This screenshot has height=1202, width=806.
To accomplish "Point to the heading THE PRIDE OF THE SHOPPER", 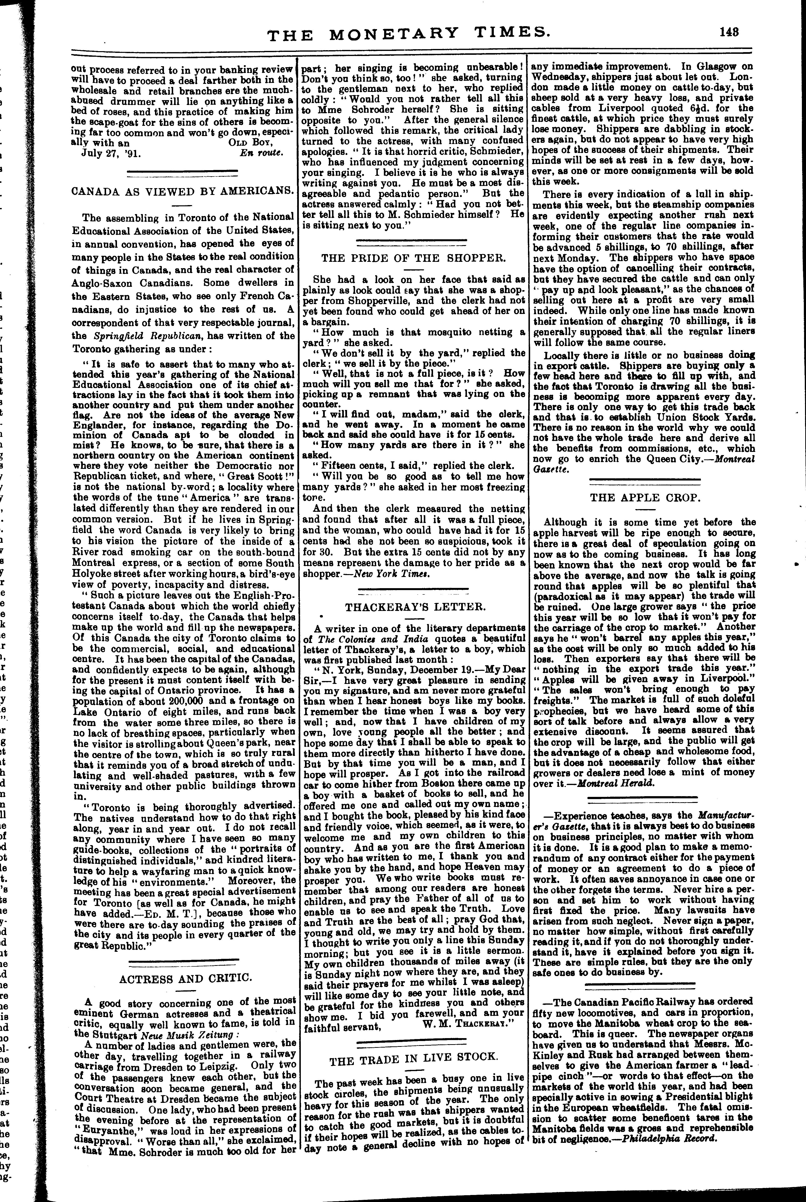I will [x=414, y=257].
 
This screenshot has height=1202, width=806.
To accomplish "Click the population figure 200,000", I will [x=170, y=701].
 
